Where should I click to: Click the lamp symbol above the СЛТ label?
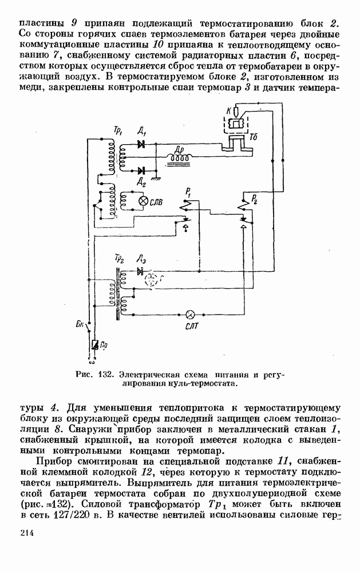click(x=192, y=314)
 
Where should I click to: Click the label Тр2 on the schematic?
click(x=119, y=258)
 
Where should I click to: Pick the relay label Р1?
click(x=187, y=190)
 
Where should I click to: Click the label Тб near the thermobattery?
click(x=254, y=137)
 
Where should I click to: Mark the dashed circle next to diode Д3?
click(x=151, y=280)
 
